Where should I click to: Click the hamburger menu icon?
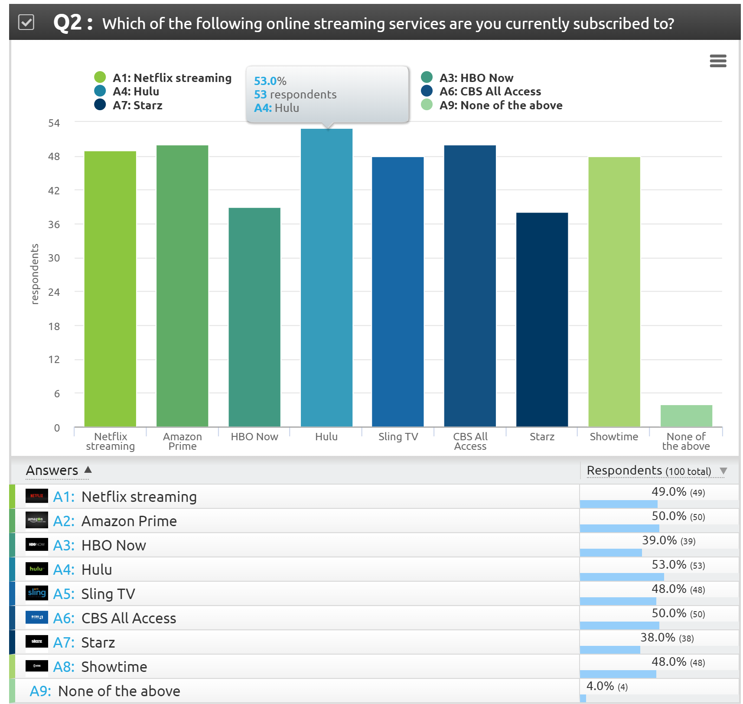[718, 61]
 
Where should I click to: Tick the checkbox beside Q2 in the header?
[26, 22]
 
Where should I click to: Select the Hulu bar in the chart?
[326, 278]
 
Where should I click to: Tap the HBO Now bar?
[254, 317]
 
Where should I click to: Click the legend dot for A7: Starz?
[100, 105]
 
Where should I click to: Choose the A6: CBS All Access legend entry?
[490, 92]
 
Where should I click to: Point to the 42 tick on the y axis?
[54, 190]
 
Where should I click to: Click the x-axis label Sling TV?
[398, 436]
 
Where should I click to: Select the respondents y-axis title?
[35, 274]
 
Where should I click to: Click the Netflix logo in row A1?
[37, 496]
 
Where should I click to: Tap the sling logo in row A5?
[37, 593]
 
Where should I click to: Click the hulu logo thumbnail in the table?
[37, 569]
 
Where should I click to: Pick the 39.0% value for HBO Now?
[659, 540]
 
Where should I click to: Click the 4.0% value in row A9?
[600, 686]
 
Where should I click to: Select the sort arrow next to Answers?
[88, 470]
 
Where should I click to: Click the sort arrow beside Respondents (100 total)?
[723, 471]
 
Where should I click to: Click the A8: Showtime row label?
[100, 667]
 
